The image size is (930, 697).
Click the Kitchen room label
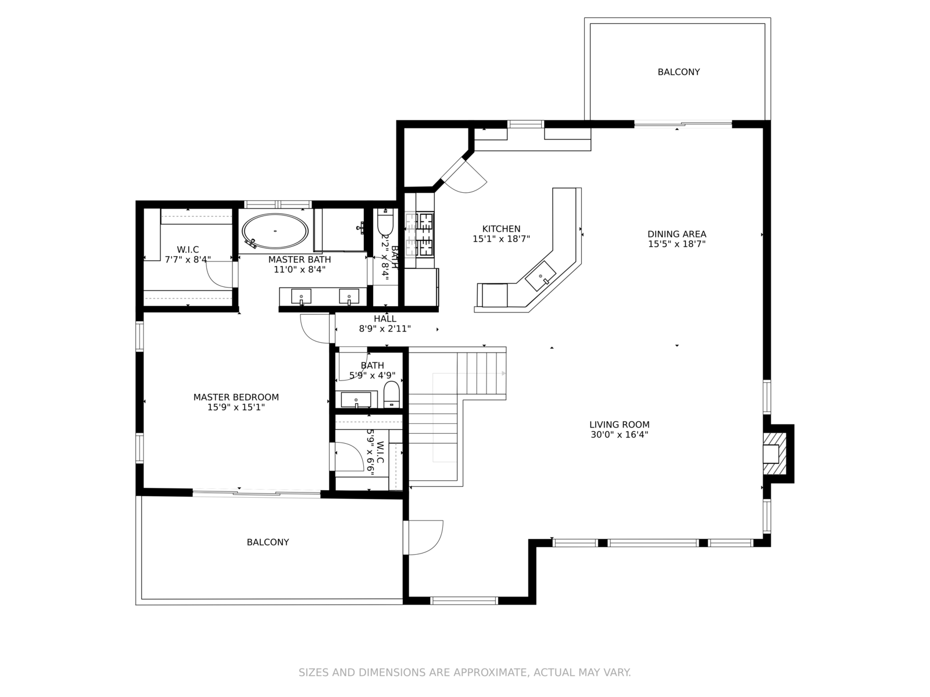tap(501, 229)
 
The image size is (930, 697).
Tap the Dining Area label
tap(677, 234)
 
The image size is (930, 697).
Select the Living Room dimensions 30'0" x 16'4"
tap(620, 434)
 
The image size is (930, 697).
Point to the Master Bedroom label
tap(236, 397)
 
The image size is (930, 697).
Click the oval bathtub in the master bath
tap(276, 231)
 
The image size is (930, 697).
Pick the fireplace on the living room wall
tap(774, 454)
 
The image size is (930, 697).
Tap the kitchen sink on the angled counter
tap(541, 276)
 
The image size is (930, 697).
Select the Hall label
tap(385, 319)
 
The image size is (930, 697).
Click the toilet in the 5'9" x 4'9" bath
tap(392, 394)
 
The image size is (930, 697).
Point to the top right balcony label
tap(678, 72)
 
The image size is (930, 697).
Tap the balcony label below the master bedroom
tap(268, 542)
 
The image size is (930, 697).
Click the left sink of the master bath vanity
tap(301, 297)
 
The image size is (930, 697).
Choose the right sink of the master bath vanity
tap(349, 297)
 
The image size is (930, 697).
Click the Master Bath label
tap(299, 260)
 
